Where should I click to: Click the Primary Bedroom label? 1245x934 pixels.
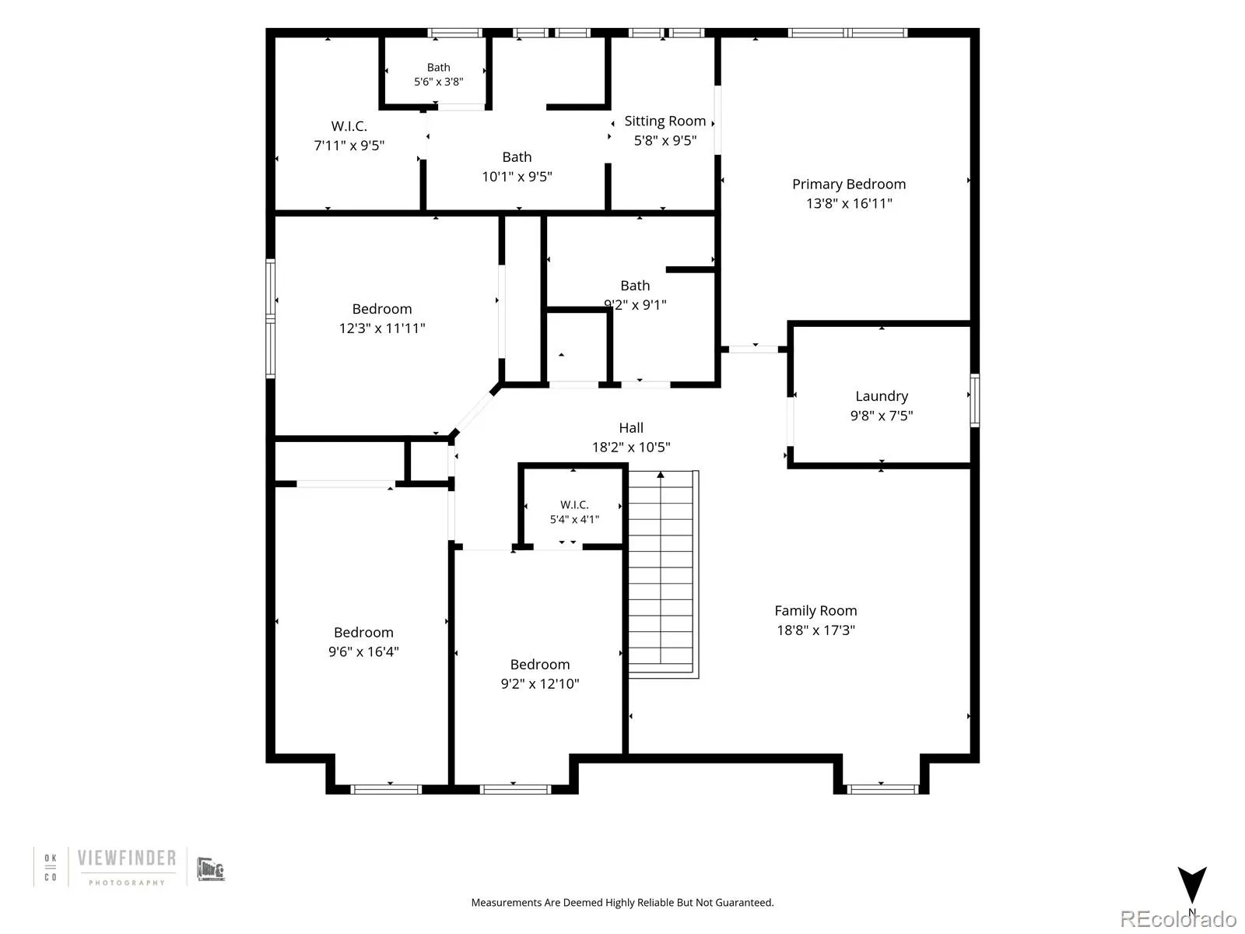pos(848,184)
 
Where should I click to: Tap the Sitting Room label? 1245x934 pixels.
pos(665,121)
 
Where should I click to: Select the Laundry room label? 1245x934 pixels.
pos(882,396)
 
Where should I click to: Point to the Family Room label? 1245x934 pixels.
pos(815,611)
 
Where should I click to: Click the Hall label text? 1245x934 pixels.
pos(631,427)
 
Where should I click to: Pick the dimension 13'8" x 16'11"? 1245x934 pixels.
pos(849,204)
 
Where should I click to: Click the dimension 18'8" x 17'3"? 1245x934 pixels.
pos(815,630)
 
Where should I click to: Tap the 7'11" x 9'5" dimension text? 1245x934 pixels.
pos(349,146)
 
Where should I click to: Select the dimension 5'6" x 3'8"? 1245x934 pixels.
pos(438,82)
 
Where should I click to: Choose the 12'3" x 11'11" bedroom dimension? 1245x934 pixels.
pos(382,328)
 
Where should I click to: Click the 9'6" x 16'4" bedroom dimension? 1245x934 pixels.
pos(363,651)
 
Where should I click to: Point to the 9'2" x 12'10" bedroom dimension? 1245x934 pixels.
pos(540,684)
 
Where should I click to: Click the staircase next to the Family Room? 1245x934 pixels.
pos(663,574)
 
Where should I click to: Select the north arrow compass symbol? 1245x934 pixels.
pos(1191,885)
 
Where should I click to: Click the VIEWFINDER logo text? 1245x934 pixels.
pos(127,858)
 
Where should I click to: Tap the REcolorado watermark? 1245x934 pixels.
pos(1178,918)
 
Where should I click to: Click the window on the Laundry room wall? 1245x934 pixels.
pos(974,400)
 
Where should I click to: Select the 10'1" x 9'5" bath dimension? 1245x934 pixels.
pos(517,177)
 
